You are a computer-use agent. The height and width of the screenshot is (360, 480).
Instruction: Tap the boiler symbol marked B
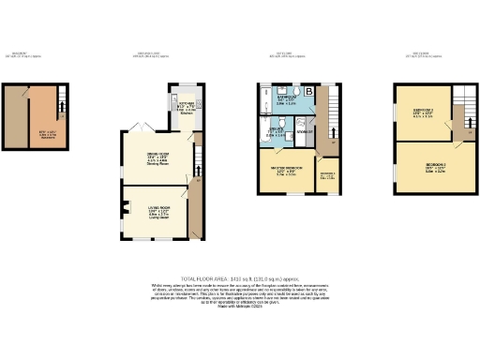coord(308,91)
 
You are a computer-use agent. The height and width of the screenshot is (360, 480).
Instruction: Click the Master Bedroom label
coord(285,172)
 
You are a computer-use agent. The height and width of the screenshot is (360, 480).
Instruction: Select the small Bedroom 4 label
coord(328,175)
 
